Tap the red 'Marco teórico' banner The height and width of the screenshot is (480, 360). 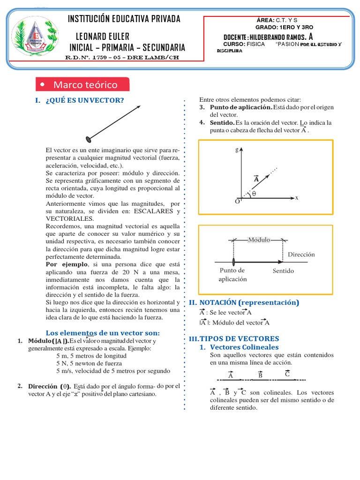(x=83, y=85)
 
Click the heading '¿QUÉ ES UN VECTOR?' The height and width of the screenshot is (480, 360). (x=85, y=100)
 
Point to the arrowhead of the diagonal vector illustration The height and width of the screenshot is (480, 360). (x=139, y=107)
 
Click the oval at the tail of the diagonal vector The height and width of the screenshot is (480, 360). (x=88, y=138)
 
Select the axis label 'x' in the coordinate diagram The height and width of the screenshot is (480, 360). (x=297, y=198)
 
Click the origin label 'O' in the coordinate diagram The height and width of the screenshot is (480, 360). (x=237, y=201)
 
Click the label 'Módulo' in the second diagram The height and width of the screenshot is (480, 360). (x=259, y=239)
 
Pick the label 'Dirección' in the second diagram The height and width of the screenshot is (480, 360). (x=301, y=255)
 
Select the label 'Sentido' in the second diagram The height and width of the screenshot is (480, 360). (x=283, y=271)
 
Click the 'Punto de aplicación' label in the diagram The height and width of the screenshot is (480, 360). (x=232, y=275)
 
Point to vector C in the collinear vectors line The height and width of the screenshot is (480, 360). (x=287, y=374)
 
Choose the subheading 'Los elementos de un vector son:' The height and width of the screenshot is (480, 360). (x=102, y=332)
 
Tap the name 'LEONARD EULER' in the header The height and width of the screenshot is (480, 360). (x=103, y=37)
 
